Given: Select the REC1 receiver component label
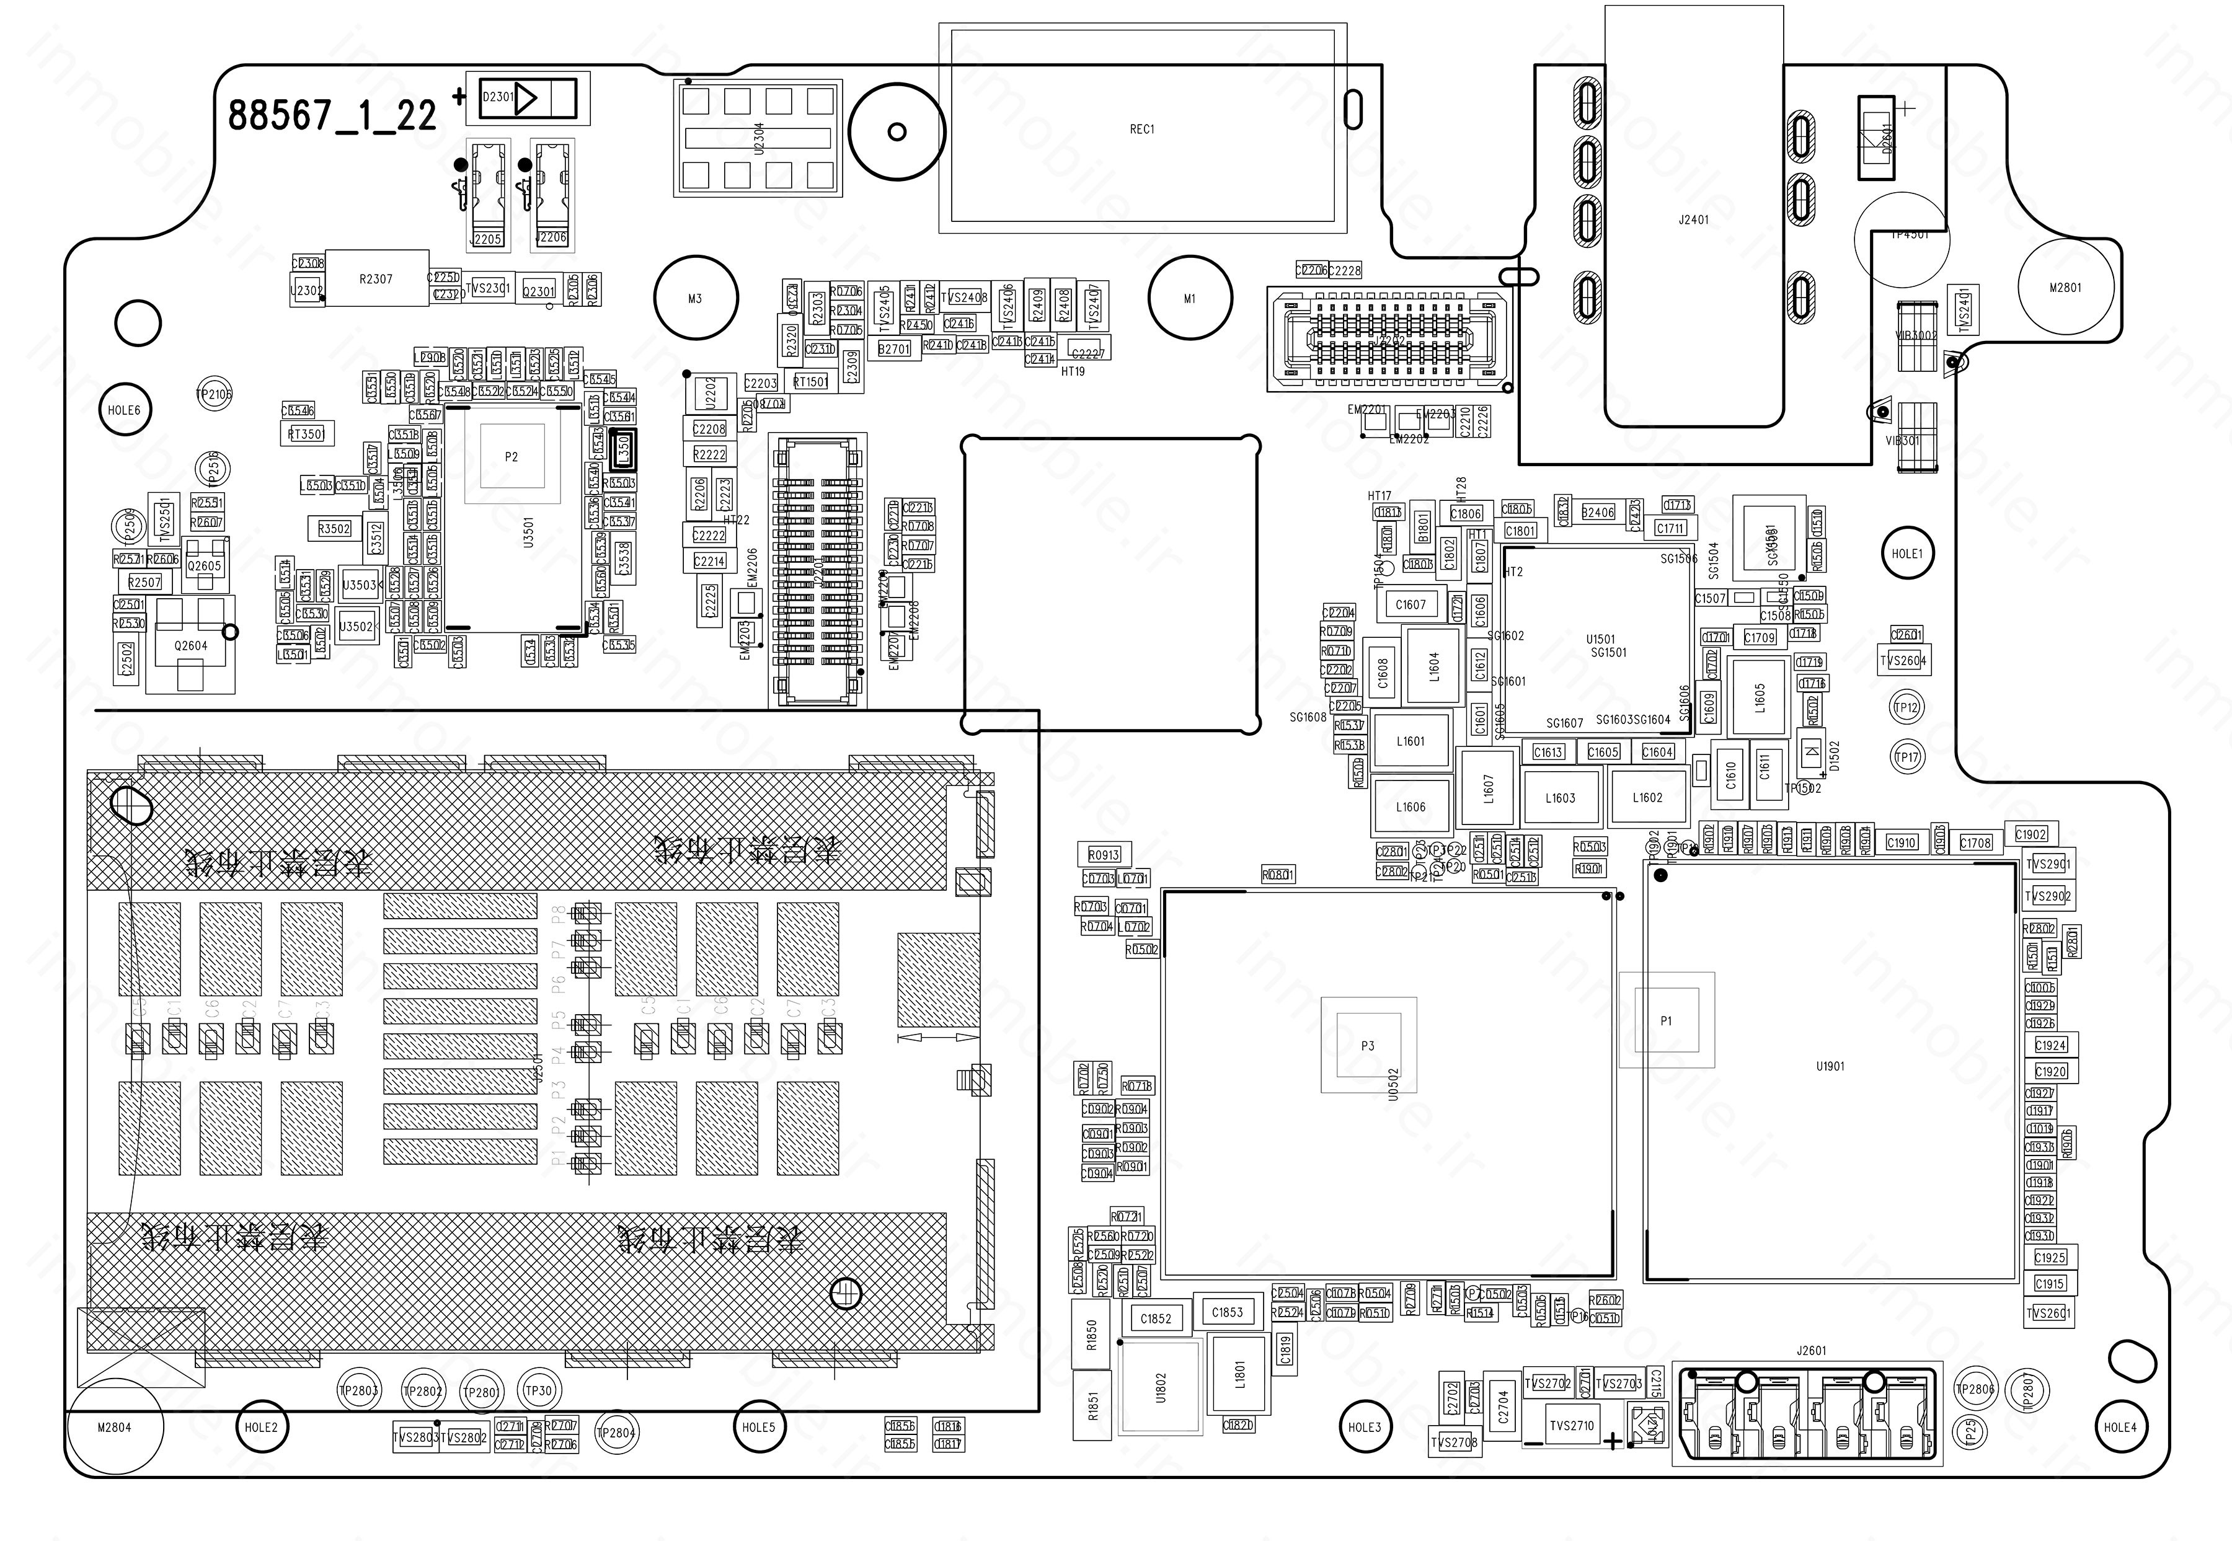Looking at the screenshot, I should [x=1141, y=130].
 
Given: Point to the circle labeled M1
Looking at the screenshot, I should [x=1190, y=298].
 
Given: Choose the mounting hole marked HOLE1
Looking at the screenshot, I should [x=1906, y=554].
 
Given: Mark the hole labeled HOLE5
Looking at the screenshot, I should [x=759, y=1427].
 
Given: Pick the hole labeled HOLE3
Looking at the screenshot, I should [x=1365, y=1427].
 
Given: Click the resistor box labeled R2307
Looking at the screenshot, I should [x=376, y=279].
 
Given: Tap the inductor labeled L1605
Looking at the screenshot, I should [x=1760, y=697].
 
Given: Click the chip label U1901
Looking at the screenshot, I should [x=1830, y=1067].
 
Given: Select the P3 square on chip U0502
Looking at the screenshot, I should [x=1368, y=1046].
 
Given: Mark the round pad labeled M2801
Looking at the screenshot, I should [x=2066, y=288].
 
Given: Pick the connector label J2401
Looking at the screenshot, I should [x=1694, y=220].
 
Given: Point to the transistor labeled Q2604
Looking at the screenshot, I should [x=191, y=645].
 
